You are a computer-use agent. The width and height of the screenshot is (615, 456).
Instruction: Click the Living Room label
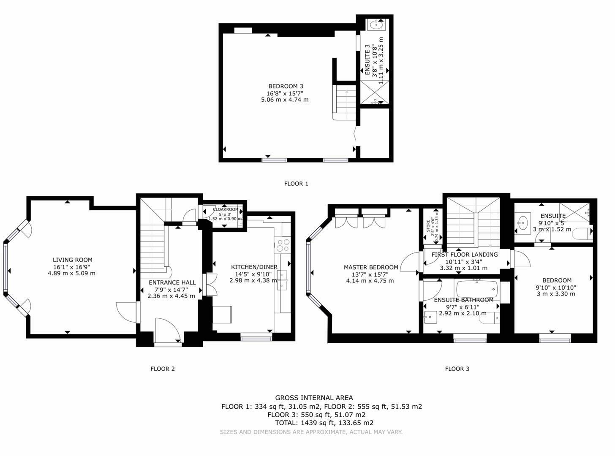click(x=72, y=260)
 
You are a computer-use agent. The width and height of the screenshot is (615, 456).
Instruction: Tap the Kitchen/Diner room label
click(x=254, y=267)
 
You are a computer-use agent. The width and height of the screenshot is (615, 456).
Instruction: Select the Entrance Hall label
click(x=172, y=282)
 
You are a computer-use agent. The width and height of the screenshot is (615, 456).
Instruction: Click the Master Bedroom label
click(x=370, y=267)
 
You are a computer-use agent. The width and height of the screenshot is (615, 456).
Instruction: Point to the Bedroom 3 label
click(x=286, y=86)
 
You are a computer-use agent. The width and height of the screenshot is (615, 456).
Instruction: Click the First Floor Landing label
click(x=464, y=255)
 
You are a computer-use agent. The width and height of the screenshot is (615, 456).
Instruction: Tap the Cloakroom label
click(x=226, y=209)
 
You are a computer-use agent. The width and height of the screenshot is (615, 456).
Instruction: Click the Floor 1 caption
click(x=296, y=184)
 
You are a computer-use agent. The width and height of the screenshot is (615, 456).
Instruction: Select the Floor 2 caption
click(x=162, y=369)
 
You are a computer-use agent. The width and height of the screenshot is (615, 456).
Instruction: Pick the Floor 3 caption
click(x=457, y=369)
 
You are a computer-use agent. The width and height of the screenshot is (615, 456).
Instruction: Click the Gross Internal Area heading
click(x=314, y=398)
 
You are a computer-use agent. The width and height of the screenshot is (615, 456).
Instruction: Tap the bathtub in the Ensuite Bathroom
click(x=477, y=289)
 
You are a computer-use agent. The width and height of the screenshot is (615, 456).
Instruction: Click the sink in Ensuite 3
click(x=375, y=25)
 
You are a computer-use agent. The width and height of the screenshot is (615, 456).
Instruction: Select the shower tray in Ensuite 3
click(x=374, y=93)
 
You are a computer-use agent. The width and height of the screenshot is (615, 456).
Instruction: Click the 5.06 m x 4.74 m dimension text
click(x=285, y=100)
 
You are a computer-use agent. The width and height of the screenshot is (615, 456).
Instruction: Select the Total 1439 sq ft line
click(x=324, y=423)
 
